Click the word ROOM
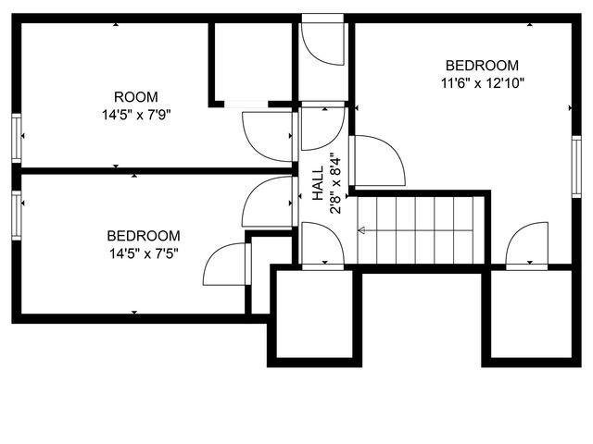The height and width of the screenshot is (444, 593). click(x=135, y=97)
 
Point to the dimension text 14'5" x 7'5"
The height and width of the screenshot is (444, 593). click(x=143, y=253)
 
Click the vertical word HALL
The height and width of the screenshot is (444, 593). click(x=318, y=184)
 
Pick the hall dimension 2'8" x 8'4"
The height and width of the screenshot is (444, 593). click(x=334, y=183)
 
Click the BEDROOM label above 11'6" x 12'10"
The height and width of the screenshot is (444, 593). click(x=482, y=66)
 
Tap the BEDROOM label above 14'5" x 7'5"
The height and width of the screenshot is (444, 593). click(x=143, y=236)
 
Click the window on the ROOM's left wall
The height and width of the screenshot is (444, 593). click(x=16, y=137)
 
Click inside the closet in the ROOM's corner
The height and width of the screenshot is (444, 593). click(x=252, y=60)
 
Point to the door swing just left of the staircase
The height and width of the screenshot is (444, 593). click(x=322, y=246)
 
